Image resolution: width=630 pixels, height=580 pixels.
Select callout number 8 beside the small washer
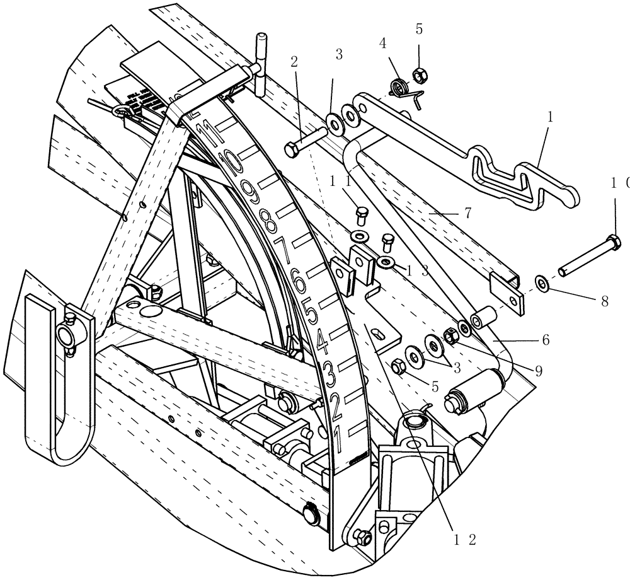(604, 302)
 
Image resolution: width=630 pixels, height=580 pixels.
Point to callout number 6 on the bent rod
(545, 340)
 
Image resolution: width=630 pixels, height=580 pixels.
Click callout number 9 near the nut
(539, 371)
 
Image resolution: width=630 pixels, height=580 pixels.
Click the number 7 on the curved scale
(282, 253)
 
